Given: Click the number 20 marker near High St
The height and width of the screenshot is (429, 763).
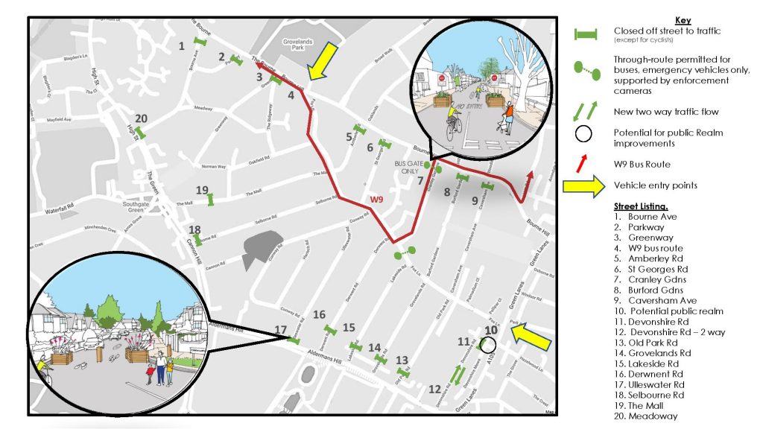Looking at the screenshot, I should [x=142, y=118].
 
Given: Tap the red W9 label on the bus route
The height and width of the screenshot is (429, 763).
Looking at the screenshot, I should [x=379, y=199].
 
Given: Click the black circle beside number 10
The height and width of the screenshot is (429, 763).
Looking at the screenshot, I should [x=488, y=344].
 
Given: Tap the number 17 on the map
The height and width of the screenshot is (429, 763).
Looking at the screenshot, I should [x=280, y=329].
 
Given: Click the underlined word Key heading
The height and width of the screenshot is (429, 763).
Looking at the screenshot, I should [x=683, y=20].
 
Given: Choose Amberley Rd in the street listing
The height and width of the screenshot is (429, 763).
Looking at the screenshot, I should [x=656, y=258].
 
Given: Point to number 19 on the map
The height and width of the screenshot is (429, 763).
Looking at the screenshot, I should [x=202, y=190].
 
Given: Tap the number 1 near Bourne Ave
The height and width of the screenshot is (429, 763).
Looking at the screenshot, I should [x=181, y=46].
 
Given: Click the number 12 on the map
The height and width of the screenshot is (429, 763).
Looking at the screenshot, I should [x=434, y=389].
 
